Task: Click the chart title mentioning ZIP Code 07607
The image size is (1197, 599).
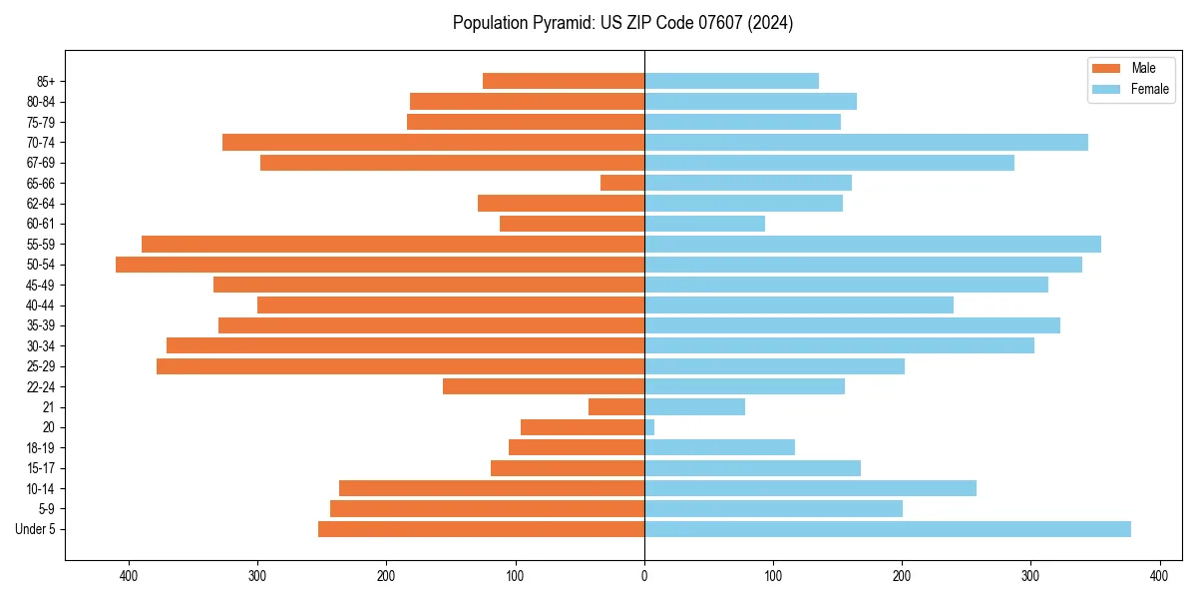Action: click(x=622, y=23)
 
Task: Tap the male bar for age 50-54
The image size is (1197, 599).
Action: click(x=380, y=265)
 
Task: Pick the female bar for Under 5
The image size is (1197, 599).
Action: click(x=888, y=529)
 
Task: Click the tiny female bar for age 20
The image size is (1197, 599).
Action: click(x=649, y=427)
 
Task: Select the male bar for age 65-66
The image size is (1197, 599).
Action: click(x=622, y=183)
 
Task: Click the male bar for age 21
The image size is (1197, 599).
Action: click(x=616, y=406)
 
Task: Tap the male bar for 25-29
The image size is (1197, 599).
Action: click(x=401, y=366)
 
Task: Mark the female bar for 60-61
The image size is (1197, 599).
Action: click(x=704, y=224)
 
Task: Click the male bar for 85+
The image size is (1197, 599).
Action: click(x=564, y=81)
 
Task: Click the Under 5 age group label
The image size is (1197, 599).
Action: click(x=35, y=529)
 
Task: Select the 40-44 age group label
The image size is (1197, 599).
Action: click(x=40, y=305)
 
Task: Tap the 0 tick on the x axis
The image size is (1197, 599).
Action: click(x=644, y=576)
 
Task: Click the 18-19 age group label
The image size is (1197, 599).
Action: click(x=40, y=447)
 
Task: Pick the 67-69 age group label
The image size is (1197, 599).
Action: click(x=40, y=163)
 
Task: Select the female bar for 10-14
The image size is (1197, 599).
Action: click(x=810, y=488)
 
